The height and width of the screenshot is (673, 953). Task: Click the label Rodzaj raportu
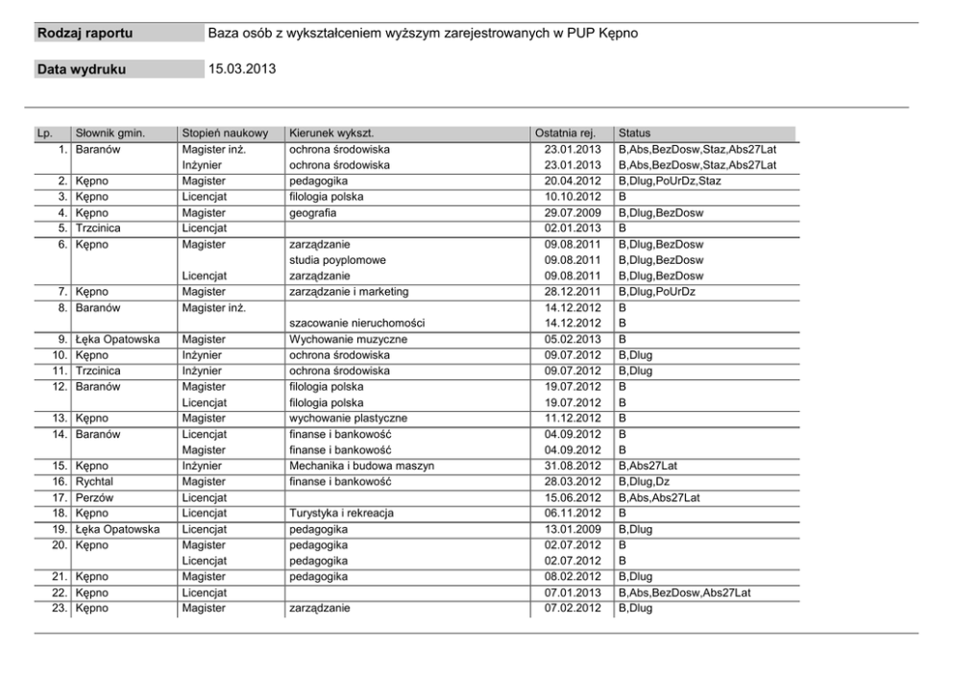(x=86, y=35)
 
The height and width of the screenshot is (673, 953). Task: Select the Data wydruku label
(x=82, y=69)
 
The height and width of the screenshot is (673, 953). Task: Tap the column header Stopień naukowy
(x=225, y=133)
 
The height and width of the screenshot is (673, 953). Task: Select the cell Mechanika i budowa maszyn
(x=362, y=466)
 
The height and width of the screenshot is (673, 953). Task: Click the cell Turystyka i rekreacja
(x=342, y=513)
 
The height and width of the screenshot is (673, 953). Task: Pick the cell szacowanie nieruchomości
(x=356, y=324)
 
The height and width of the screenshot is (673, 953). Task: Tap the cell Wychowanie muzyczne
(x=349, y=339)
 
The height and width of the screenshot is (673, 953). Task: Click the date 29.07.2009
(x=572, y=213)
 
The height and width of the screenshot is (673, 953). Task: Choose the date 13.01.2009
(x=572, y=528)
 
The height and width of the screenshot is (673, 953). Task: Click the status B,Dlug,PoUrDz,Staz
(x=671, y=181)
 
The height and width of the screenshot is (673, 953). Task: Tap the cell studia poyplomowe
(x=338, y=260)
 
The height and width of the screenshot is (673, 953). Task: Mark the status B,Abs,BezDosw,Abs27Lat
(x=684, y=592)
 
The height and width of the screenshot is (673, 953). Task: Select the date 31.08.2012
(x=572, y=466)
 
